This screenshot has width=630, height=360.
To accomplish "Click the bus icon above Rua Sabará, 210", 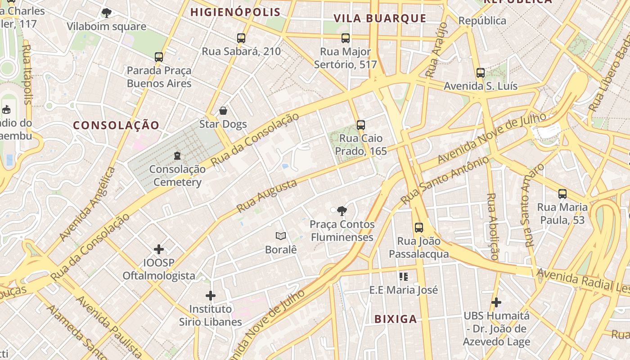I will pyautogui.click(x=241, y=38).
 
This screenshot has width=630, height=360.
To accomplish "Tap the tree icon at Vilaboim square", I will pyautogui.click(x=106, y=13).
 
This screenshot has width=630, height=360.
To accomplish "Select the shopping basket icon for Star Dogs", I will pyautogui.click(x=223, y=111).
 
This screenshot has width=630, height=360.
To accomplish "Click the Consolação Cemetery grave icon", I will pyautogui.click(x=177, y=156).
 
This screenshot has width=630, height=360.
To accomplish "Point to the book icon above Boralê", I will pyautogui.click(x=281, y=236).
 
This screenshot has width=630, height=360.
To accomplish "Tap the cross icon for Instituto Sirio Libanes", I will pyautogui.click(x=211, y=296).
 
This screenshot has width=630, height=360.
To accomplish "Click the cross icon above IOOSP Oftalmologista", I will pyautogui.click(x=159, y=249).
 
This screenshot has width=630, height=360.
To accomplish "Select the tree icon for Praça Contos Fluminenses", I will pyautogui.click(x=342, y=211).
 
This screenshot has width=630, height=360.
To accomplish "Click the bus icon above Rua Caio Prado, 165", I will pyautogui.click(x=360, y=125).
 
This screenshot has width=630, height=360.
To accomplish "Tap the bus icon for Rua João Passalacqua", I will pyautogui.click(x=419, y=227).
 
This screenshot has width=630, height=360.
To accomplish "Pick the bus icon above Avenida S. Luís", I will pyautogui.click(x=481, y=72).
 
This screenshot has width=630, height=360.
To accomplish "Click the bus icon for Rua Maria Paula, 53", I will pyautogui.click(x=562, y=193).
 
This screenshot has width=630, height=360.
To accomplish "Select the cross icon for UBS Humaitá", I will pyautogui.click(x=496, y=302).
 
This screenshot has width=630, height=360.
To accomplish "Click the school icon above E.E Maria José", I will pyautogui.click(x=404, y=276).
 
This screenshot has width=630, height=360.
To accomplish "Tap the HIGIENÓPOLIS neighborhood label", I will pyautogui.click(x=235, y=12).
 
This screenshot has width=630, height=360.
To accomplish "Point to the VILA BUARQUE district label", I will pyautogui.click(x=380, y=18).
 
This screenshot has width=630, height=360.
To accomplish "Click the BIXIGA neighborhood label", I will pyautogui.click(x=396, y=319).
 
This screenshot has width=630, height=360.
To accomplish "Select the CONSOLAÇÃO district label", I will pyautogui.click(x=117, y=125).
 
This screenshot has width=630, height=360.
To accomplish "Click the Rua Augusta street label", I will pyautogui.click(x=267, y=196).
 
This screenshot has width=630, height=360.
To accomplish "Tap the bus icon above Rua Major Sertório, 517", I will pyautogui.click(x=346, y=38).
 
